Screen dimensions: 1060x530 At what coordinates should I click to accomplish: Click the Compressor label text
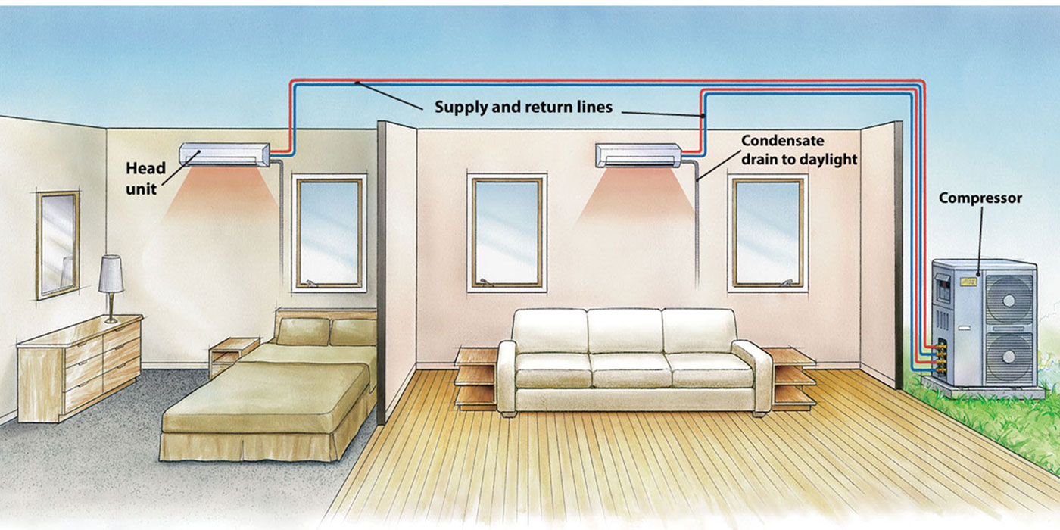pos(980,198)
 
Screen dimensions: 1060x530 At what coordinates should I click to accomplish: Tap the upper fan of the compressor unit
pos(1009,300)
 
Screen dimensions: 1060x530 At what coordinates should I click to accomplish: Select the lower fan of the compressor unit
pos(1009,356)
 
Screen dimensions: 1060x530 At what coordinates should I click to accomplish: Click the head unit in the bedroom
pos(224,154)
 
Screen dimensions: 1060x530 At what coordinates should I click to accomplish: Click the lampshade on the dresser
pos(111,273)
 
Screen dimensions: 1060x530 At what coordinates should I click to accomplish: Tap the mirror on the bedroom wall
pos(58,245)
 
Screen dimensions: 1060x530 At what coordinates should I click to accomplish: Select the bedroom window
pos(329,233)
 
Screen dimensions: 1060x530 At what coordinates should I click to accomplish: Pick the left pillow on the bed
pos(304,332)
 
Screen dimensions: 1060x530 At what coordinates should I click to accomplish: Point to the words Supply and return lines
pos(523,107)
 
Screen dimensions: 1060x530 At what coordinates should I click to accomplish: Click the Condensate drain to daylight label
pos(800,150)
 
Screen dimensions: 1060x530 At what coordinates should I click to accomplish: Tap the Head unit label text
pos(145,179)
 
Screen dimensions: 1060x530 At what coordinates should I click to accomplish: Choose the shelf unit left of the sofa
pos(476,378)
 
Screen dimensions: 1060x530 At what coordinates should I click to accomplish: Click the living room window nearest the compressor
pos(768,233)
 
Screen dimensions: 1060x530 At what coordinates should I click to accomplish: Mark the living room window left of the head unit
pos(507,233)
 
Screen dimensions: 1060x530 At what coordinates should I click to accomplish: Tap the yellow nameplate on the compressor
pos(968,282)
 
